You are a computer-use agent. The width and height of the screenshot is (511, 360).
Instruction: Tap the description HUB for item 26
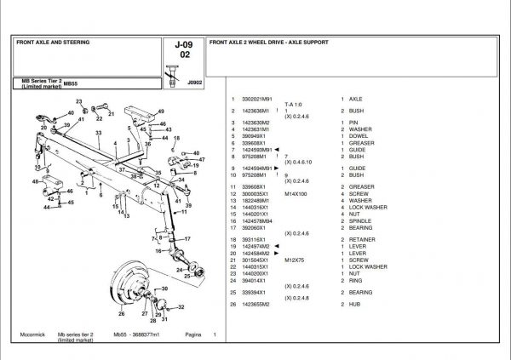click(353, 304)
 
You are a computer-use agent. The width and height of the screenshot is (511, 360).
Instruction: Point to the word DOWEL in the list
click(358, 135)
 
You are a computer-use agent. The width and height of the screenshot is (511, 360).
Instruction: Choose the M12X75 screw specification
click(295, 260)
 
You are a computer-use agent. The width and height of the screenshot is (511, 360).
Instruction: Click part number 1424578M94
click(260, 220)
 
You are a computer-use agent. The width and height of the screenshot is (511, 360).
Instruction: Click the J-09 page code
click(182, 45)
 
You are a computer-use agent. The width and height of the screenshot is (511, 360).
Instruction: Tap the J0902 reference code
click(195, 83)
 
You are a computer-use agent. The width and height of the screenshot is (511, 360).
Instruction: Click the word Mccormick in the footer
click(31, 334)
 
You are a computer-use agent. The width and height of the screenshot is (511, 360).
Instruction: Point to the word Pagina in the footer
click(193, 334)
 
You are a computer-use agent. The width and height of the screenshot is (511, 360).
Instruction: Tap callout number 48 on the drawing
click(37, 181)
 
